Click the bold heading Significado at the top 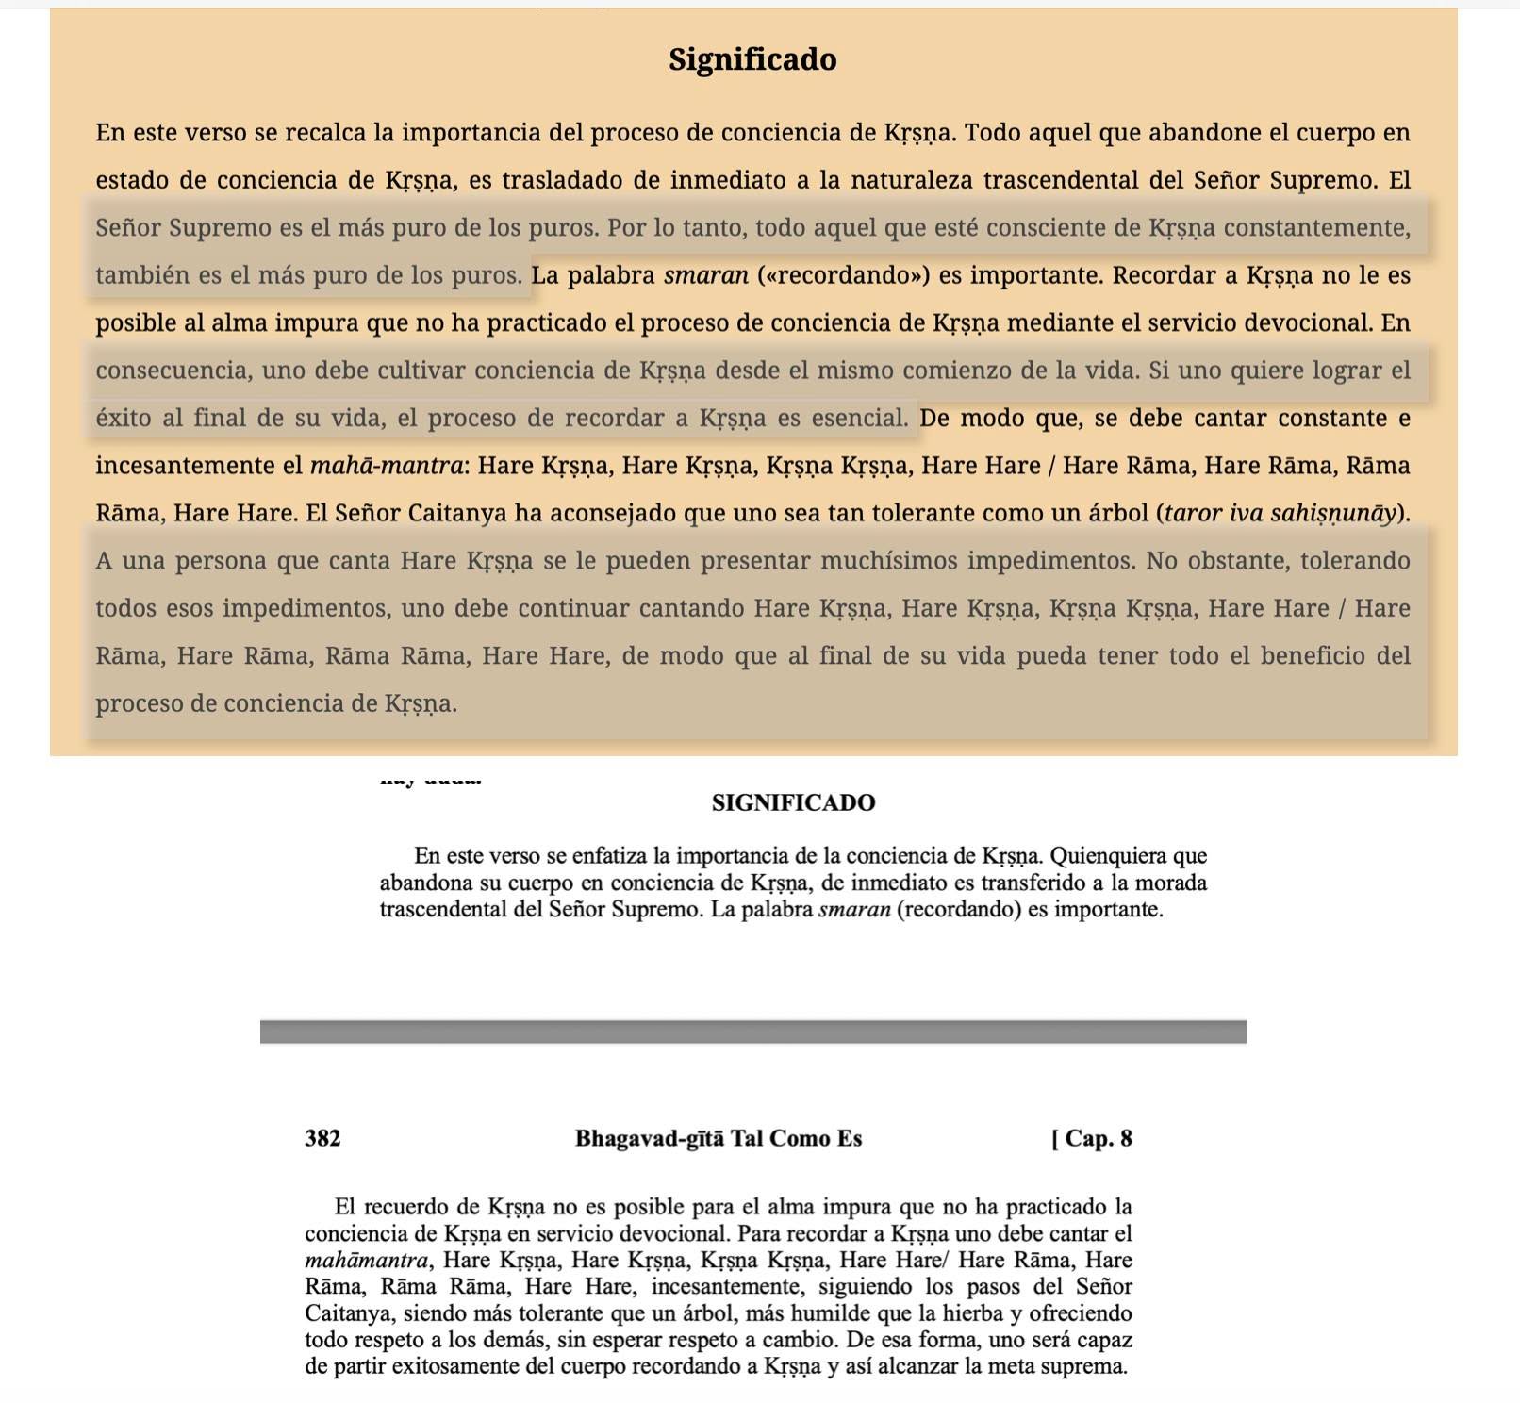(752, 59)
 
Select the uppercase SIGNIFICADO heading (793, 802)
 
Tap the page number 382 (322, 1138)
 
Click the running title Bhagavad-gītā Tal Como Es (719, 1138)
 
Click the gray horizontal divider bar (753, 1032)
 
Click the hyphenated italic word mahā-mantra (387, 466)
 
